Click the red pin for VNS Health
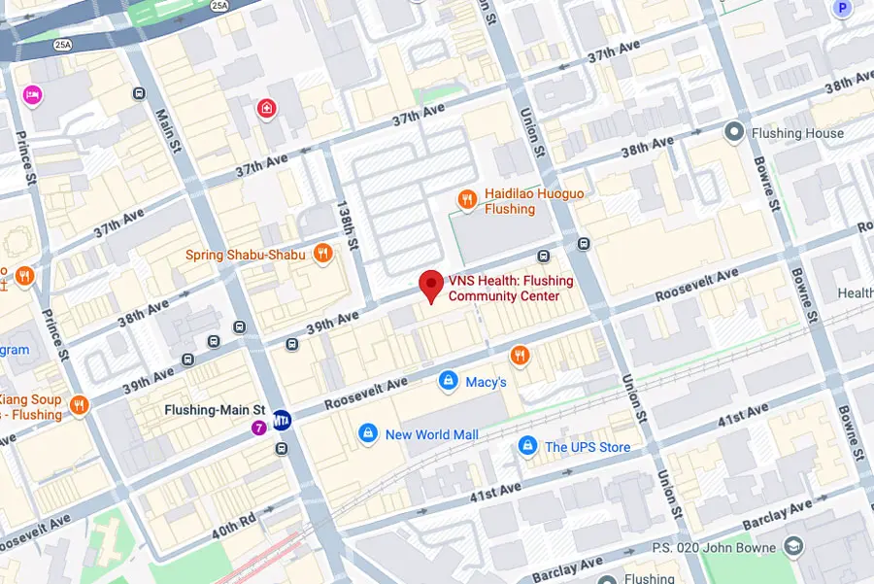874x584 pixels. coord(431,286)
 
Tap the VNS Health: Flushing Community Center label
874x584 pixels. coord(511,289)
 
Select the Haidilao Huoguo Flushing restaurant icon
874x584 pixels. coord(467,200)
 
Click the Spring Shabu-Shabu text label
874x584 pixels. coord(246,255)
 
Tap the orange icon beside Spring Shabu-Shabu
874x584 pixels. coord(322,255)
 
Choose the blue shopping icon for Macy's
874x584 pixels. coord(448,382)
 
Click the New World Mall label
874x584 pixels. coord(431,434)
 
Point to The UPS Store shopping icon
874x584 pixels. coord(526,446)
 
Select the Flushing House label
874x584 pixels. coord(797,133)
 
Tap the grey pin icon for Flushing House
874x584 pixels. coord(735,131)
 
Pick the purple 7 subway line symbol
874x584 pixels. coord(259,427)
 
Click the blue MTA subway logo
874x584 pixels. coord(282,420)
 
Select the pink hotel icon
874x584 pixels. coord(31,94)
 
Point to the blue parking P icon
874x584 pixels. coord(841,7)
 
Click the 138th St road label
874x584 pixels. coord(345,224)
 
